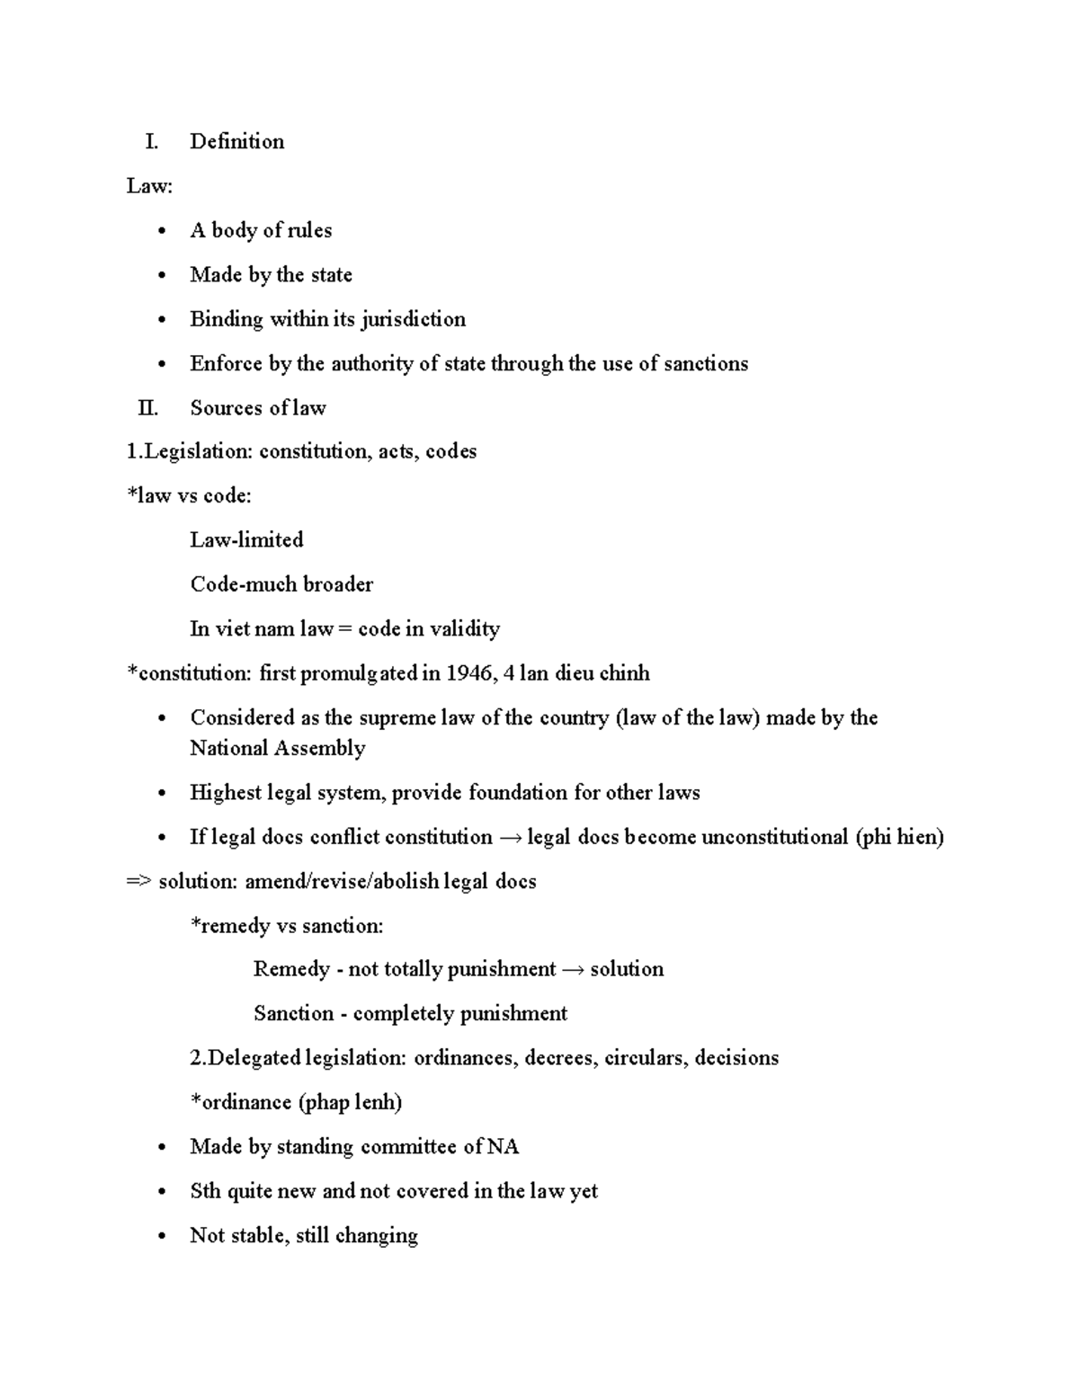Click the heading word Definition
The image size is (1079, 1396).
[x=236, y=141]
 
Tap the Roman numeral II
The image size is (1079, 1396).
[x=147, y=408]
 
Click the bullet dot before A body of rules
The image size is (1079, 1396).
[x=162, y=232]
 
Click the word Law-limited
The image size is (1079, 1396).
[x=246, y=540]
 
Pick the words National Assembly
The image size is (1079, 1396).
[x=277, y=748]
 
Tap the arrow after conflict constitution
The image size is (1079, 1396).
[x=510, y=838]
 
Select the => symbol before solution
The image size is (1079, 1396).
[x=138, y=882]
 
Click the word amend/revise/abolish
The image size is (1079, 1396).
[x=343, y=881]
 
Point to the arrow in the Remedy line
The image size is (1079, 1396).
[x=573, y=970]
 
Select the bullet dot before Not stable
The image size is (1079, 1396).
[x=162, y=1237]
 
